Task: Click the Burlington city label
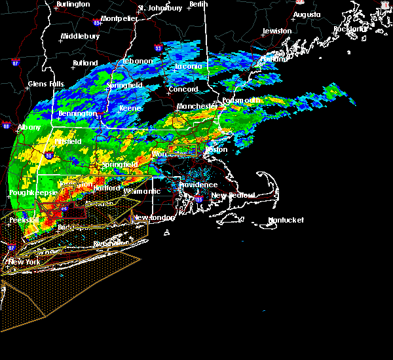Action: (73, 4)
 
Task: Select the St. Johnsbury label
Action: (160, 9)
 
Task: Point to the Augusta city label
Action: (307, 14)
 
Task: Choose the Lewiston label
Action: (277, 31)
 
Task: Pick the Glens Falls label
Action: (46, 84)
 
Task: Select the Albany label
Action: (29, 127)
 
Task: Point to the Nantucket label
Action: (286, 220)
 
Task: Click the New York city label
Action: (24, 262)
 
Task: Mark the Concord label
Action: (183, 89)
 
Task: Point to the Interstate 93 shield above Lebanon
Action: (158, 48)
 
